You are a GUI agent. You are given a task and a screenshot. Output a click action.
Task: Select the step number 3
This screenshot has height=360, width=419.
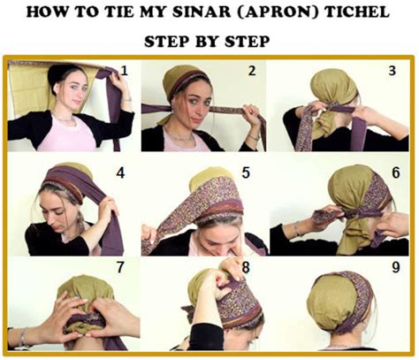tap(390, 70)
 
